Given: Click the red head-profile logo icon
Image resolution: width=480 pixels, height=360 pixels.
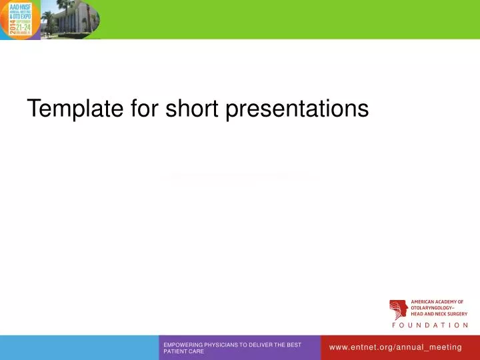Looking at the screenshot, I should click(398, 309).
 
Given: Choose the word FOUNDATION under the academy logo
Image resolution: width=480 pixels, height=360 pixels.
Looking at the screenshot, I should click(429, 325).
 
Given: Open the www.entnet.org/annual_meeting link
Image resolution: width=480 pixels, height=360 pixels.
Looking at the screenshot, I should click(395, 347).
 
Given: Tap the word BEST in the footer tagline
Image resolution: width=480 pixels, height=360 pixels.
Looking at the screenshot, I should click(295, 345).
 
